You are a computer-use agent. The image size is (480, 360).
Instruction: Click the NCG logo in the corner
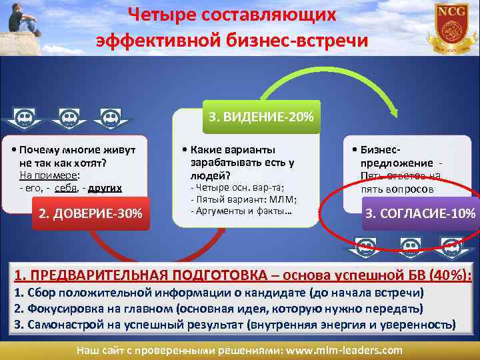452,27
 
